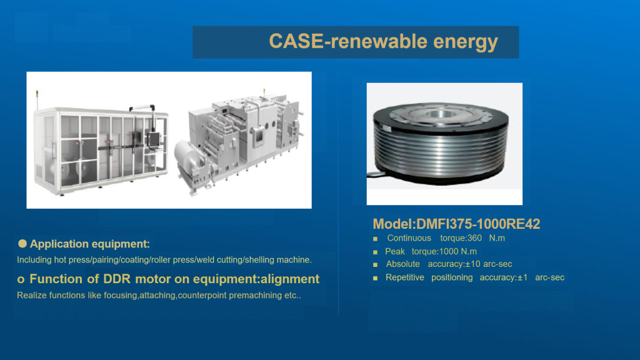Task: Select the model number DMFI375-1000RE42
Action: (x=478, y=224)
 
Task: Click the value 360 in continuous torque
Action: (x=474, y=238)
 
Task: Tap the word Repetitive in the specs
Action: (x=404, y=277)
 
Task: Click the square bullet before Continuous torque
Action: (x=375, y=239)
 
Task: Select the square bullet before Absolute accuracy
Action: (x=375, y=265)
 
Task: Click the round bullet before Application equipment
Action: (x=22, y=244)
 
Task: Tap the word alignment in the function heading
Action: (x=290, y=279)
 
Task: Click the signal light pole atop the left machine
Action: (x=37, y=100)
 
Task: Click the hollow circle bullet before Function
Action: (x=21, y=279)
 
